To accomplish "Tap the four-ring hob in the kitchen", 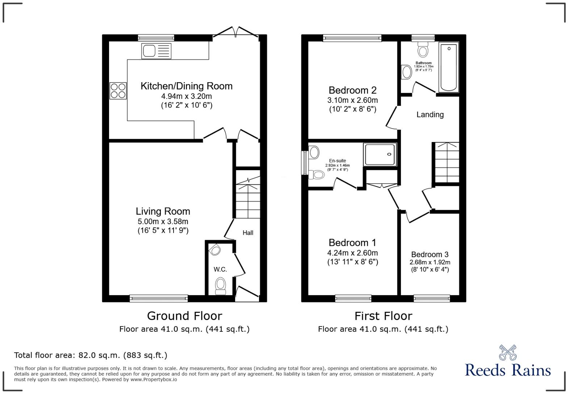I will coord(118,91).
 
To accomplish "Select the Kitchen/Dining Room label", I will coord(186,86).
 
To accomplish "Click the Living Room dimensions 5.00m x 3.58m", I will coord(163,222).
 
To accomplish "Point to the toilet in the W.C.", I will coord(220,285).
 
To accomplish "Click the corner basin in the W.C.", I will coord(215,250).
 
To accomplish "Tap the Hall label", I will coord(248,233).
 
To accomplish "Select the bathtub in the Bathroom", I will coord(448,67).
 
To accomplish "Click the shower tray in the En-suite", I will coord(380,155).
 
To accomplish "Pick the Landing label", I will coord(430,115).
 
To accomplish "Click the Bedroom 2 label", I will coord(352,90).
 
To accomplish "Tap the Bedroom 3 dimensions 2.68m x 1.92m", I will coord(430,263).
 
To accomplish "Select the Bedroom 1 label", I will coord(352,243).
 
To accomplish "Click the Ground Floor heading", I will coord(184,316).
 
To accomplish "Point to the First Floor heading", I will coord(383,316).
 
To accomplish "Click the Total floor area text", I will coord(91,355).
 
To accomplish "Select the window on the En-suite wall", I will coord(304,163).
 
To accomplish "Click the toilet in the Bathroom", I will coord(423,50).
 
